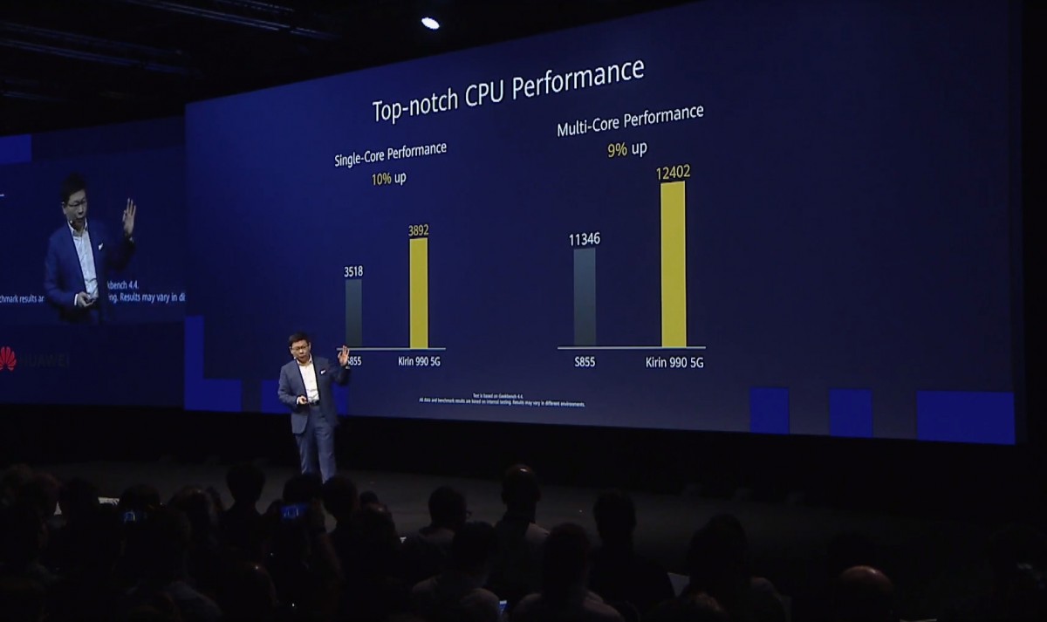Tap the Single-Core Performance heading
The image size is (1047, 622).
(x=390, y=154)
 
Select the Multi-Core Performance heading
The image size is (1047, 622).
(x=630, y=120)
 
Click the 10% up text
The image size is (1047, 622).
(x=388, y=179)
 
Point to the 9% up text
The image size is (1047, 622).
(x=626, y=149)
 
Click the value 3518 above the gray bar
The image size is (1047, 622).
(x=353, y=271)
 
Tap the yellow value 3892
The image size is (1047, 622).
(x=419, y=230)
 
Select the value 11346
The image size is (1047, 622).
(x=585, y=238)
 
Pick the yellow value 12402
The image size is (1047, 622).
(x=673, y=172)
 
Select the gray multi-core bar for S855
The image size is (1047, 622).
(x=585, y=297)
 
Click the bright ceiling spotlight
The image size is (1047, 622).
(x=430, y=23)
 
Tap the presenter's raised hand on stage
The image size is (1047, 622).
(x=344, y=356)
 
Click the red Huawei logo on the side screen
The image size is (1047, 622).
(x=9, y=358)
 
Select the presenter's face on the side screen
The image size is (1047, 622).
(x=75, y=202)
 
